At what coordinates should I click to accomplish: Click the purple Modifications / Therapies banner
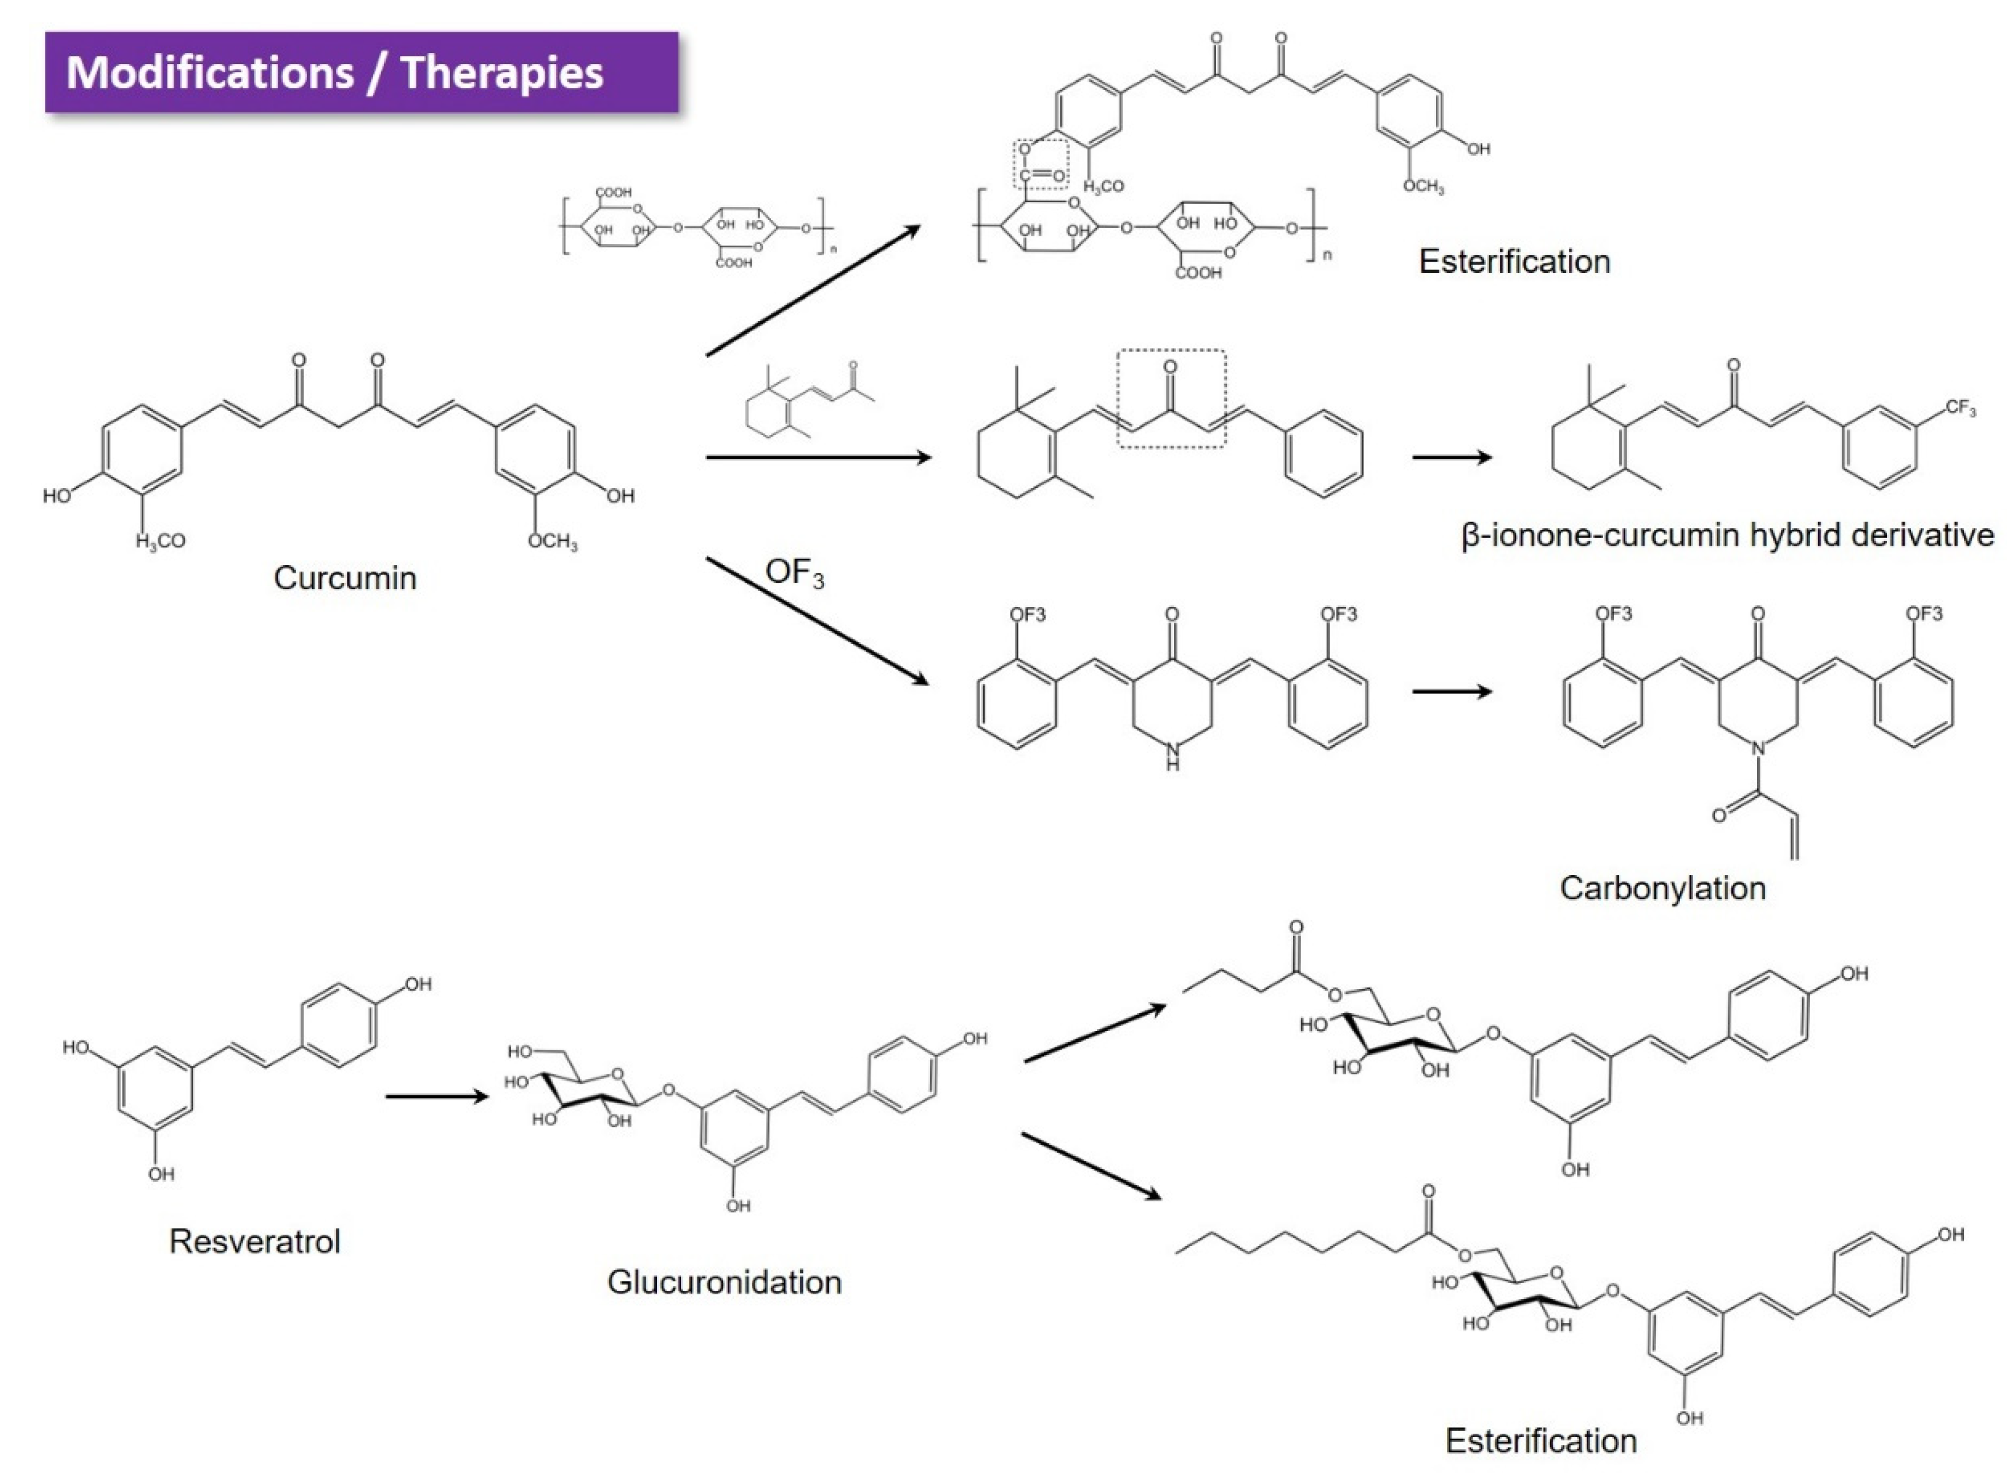pyautogui.click(x=361, y=72)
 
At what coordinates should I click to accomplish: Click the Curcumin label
pyautogui.click(x=345, y=578)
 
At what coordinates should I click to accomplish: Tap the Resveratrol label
pyautogui.click(x=255, y=1241)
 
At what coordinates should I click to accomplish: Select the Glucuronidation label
pyautogui.click(x=724, y=1282)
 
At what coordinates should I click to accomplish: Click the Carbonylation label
pyautogui.click(x=1663, y=888)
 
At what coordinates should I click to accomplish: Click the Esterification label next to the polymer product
pyautogui.click(x=1515, y=262)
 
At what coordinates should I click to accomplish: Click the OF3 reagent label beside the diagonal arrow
pyautogui.click(x=795, y=573)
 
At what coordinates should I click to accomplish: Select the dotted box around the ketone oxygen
pyautogui.click(x=1172, y=399)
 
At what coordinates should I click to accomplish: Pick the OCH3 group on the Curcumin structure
pyautogui.click(x=552, y=542)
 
